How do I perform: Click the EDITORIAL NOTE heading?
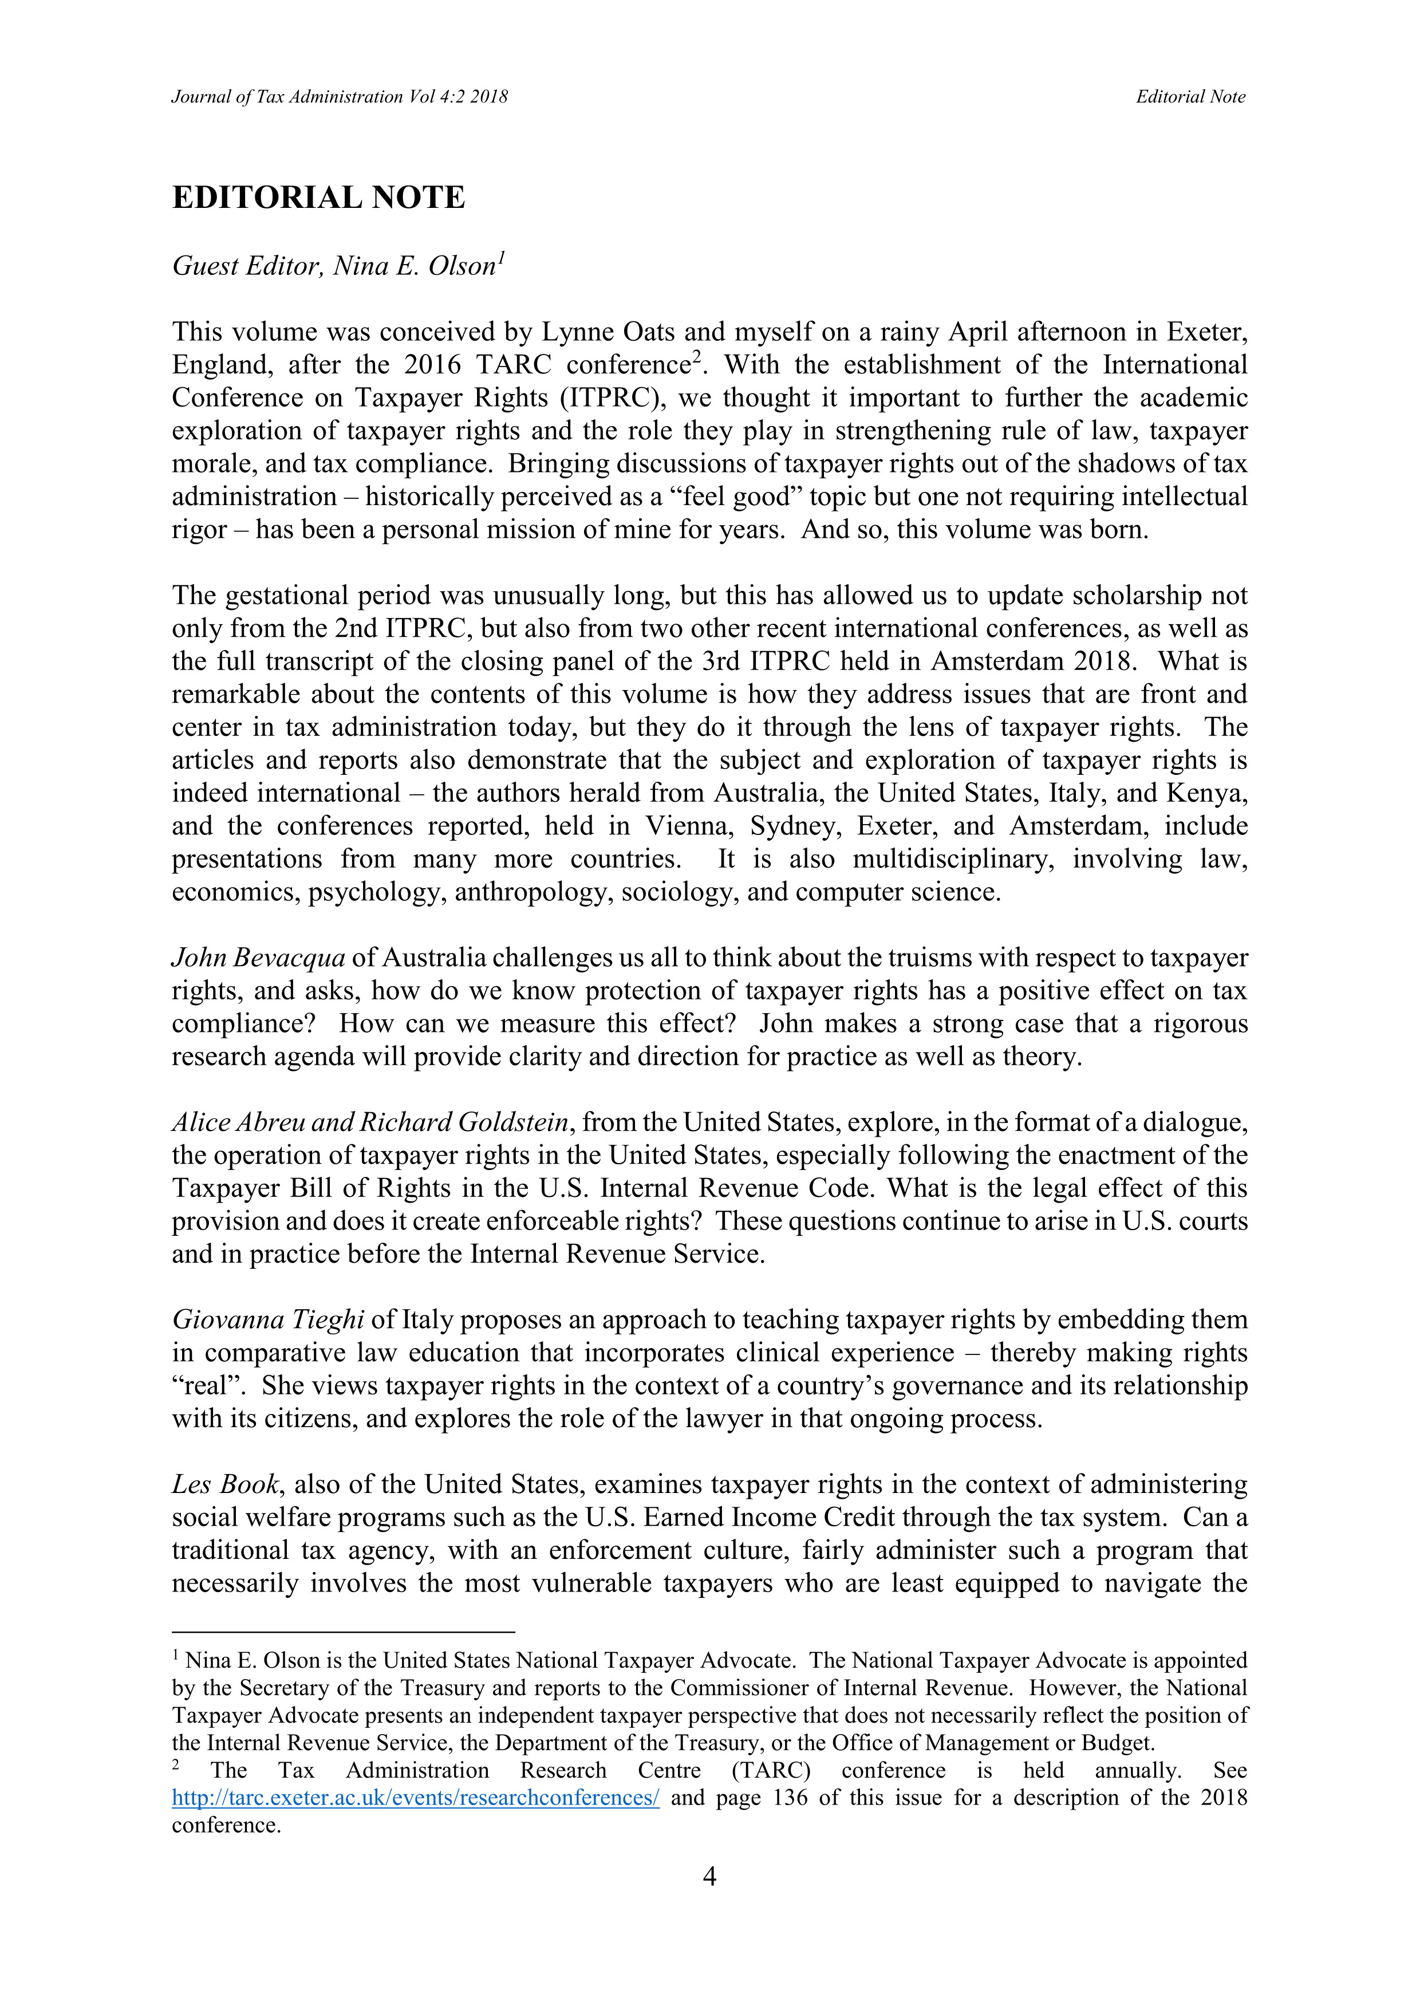(x=318, y=198)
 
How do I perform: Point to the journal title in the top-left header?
(x=340, y=97)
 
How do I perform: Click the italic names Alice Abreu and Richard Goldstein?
(x=372, y=1122)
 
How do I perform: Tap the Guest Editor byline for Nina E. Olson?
(x=338, y=266)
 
